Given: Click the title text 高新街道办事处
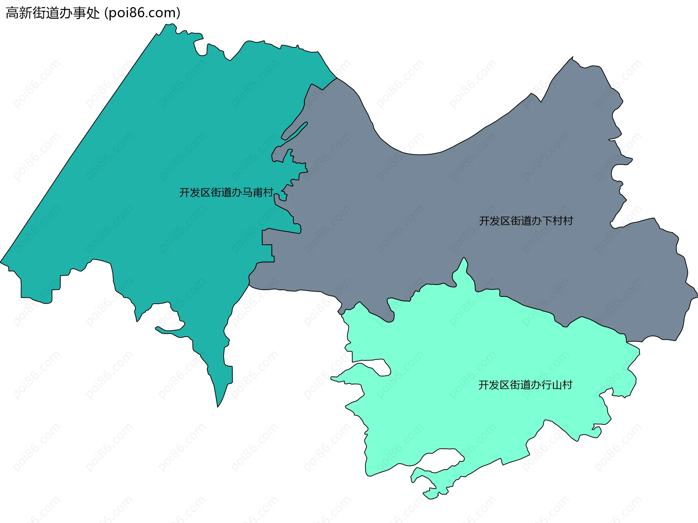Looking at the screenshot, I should click(x=53, y=13).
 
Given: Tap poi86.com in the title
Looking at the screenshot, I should click(x=142, y=13).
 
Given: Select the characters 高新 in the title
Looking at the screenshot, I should click(x=19, y=13).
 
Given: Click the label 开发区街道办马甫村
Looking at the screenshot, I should click(x=226, y=192).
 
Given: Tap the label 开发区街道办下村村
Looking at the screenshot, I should click(x=526, y=221).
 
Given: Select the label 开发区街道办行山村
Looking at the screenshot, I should click(x=525, y=385).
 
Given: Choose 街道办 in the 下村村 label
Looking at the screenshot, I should click(x=526, y=221).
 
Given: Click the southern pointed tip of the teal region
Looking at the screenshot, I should click(x=218, y=404).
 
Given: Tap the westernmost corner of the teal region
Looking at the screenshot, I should click(x=2, y=262).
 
